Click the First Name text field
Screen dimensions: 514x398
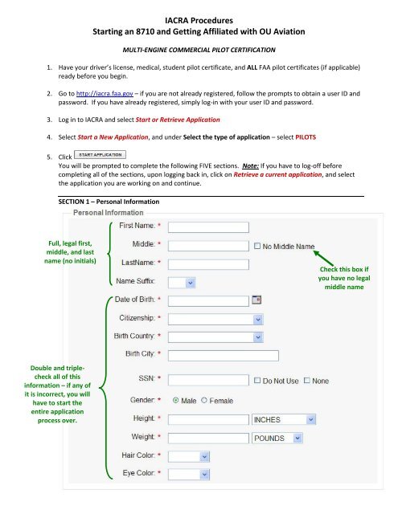pos(206,226)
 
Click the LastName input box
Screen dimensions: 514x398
pos(206,263)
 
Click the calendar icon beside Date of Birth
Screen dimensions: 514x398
pos(256,300)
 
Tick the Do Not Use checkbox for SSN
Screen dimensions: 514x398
pos(257,380)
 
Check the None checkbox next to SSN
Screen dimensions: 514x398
pos(309,380)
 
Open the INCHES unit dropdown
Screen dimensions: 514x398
pos(278,419)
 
